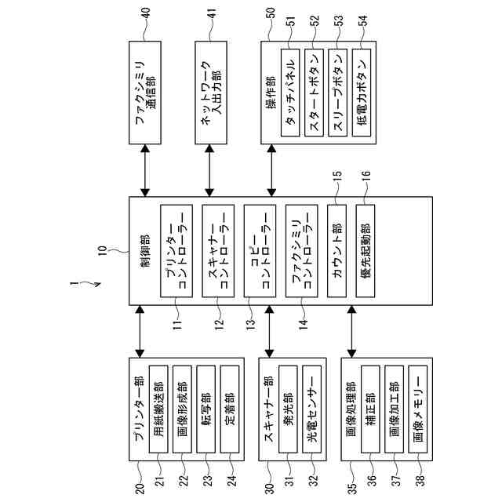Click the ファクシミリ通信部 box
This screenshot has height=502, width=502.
[145, 93]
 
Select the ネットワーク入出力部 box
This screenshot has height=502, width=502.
[209, 93]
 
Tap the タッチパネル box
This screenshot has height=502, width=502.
[289, 93]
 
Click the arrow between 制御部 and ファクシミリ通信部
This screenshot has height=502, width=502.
[145, 170]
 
